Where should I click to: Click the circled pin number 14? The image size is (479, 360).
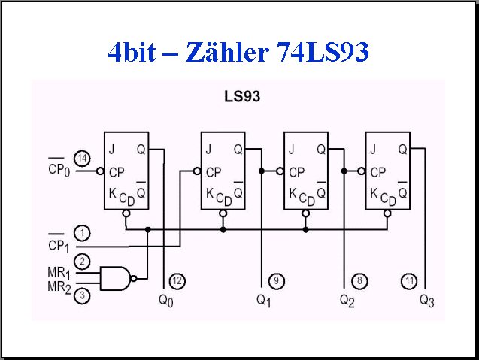click(x=83, y=159)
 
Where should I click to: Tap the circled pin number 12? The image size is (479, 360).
click(x=177, y=280)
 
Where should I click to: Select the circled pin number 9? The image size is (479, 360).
click(x=277, y=280)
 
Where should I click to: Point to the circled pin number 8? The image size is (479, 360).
click(x=359, y=280)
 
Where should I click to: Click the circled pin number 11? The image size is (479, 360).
click(x=409, y=280)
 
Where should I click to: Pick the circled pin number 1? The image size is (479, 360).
click(x=82, y=234)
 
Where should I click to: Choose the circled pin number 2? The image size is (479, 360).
click(x=82, y=262)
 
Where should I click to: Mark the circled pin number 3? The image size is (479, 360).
click(x=82, y=295)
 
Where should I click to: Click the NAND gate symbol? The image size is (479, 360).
click(x=116, y=278)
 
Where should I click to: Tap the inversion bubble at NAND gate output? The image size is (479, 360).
click(x=134, y=278)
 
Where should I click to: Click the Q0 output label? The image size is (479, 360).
click(x=166, y=301)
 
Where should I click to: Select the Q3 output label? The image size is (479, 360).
click(x=427, y=301)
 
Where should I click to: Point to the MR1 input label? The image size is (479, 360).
click(x=59, y=273)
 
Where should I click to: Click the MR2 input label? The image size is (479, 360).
click(x=59, y=287)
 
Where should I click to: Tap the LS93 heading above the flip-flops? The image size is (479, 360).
click(x=242, y=96)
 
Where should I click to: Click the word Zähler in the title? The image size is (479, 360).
click(x=227, y=51)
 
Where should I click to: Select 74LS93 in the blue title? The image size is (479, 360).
click(x=323, y=52)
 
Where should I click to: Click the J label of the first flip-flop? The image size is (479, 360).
click(x=112, y=150)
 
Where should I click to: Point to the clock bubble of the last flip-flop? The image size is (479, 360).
click(x=362, y=171)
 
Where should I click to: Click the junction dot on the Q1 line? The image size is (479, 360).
click(x=262, y=171)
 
